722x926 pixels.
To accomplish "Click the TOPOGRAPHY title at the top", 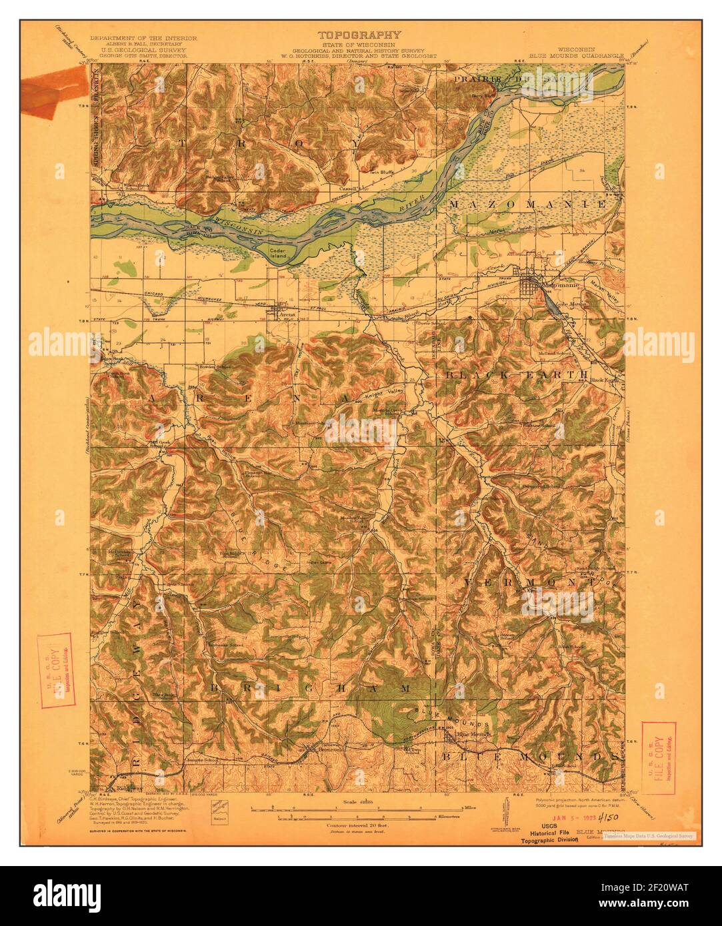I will click(x=359, y=35).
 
